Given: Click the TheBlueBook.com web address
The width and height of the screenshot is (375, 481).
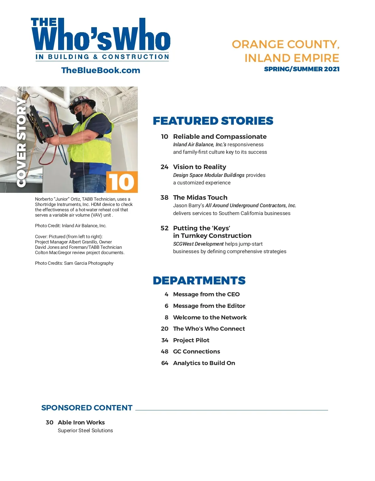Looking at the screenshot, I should (101, 70).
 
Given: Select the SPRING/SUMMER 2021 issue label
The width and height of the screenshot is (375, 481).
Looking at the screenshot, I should (302, 69).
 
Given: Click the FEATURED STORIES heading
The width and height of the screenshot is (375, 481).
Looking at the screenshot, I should (213, 121).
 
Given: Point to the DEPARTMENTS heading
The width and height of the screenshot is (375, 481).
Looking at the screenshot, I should (199, 281).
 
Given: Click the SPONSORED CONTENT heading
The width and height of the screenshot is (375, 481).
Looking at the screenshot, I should (87, 408).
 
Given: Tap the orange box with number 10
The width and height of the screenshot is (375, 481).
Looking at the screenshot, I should (122, 182).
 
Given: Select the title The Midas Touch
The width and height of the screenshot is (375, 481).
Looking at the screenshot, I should (200, 198).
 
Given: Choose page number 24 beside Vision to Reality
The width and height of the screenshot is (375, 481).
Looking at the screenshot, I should (164, 167).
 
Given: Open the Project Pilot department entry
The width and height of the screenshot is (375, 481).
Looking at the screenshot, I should (191, 340).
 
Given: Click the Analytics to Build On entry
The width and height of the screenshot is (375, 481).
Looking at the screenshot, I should (204, 363).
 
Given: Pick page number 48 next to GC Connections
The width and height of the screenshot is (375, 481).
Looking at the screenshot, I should (164, 352).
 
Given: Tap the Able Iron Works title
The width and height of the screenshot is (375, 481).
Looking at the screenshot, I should (81, 422).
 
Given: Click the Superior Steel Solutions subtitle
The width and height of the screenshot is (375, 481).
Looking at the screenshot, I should (85, 430).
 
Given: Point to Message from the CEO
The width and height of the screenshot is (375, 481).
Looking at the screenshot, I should (206, 294).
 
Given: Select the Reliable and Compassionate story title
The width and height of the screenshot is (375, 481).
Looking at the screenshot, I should (220, 137).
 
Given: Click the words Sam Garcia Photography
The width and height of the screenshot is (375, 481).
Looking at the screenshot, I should (89, 263).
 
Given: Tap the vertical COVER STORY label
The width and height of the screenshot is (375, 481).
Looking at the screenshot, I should (21, 142).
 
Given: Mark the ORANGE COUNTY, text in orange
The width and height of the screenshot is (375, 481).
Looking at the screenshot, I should (286, 44).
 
